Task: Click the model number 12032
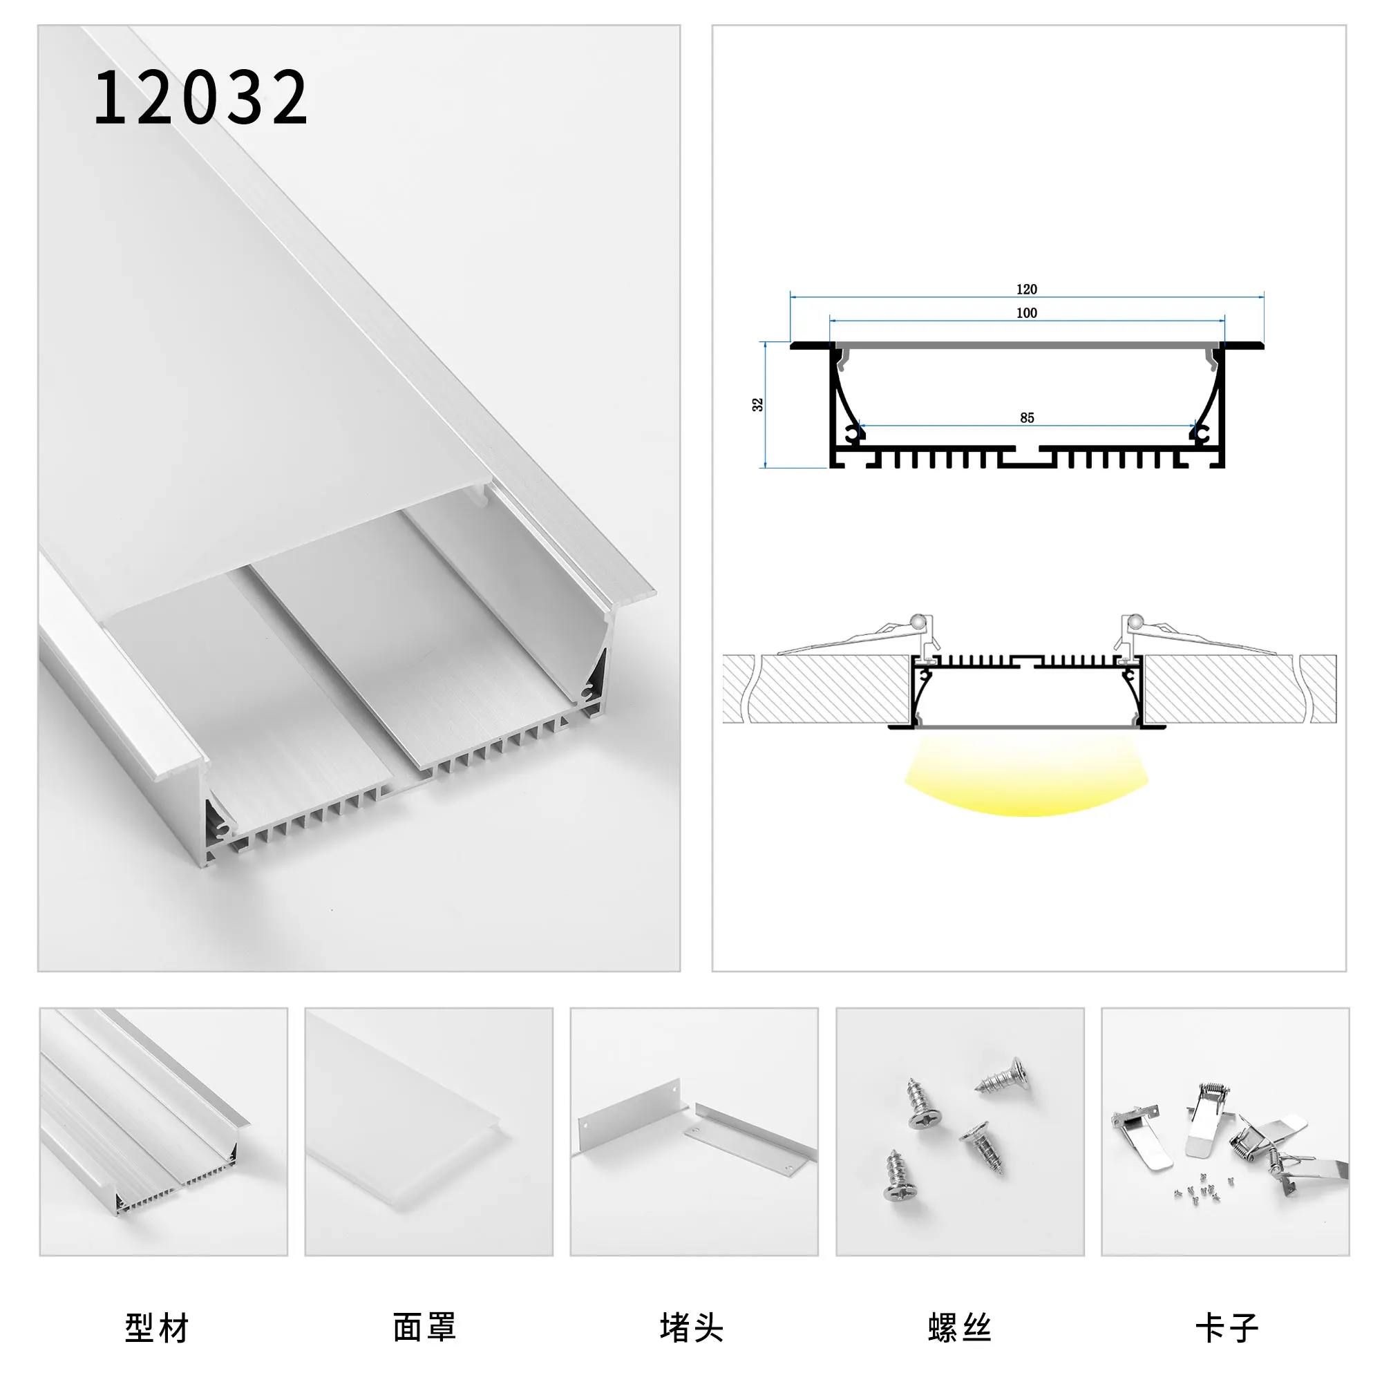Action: click(x=200, y=97)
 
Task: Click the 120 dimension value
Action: click(x=1027, y=289)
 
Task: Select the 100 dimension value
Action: click(x=1027, y=312)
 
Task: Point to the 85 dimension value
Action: click(x=1028, y=418)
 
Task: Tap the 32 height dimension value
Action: click(x=757, y=404)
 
